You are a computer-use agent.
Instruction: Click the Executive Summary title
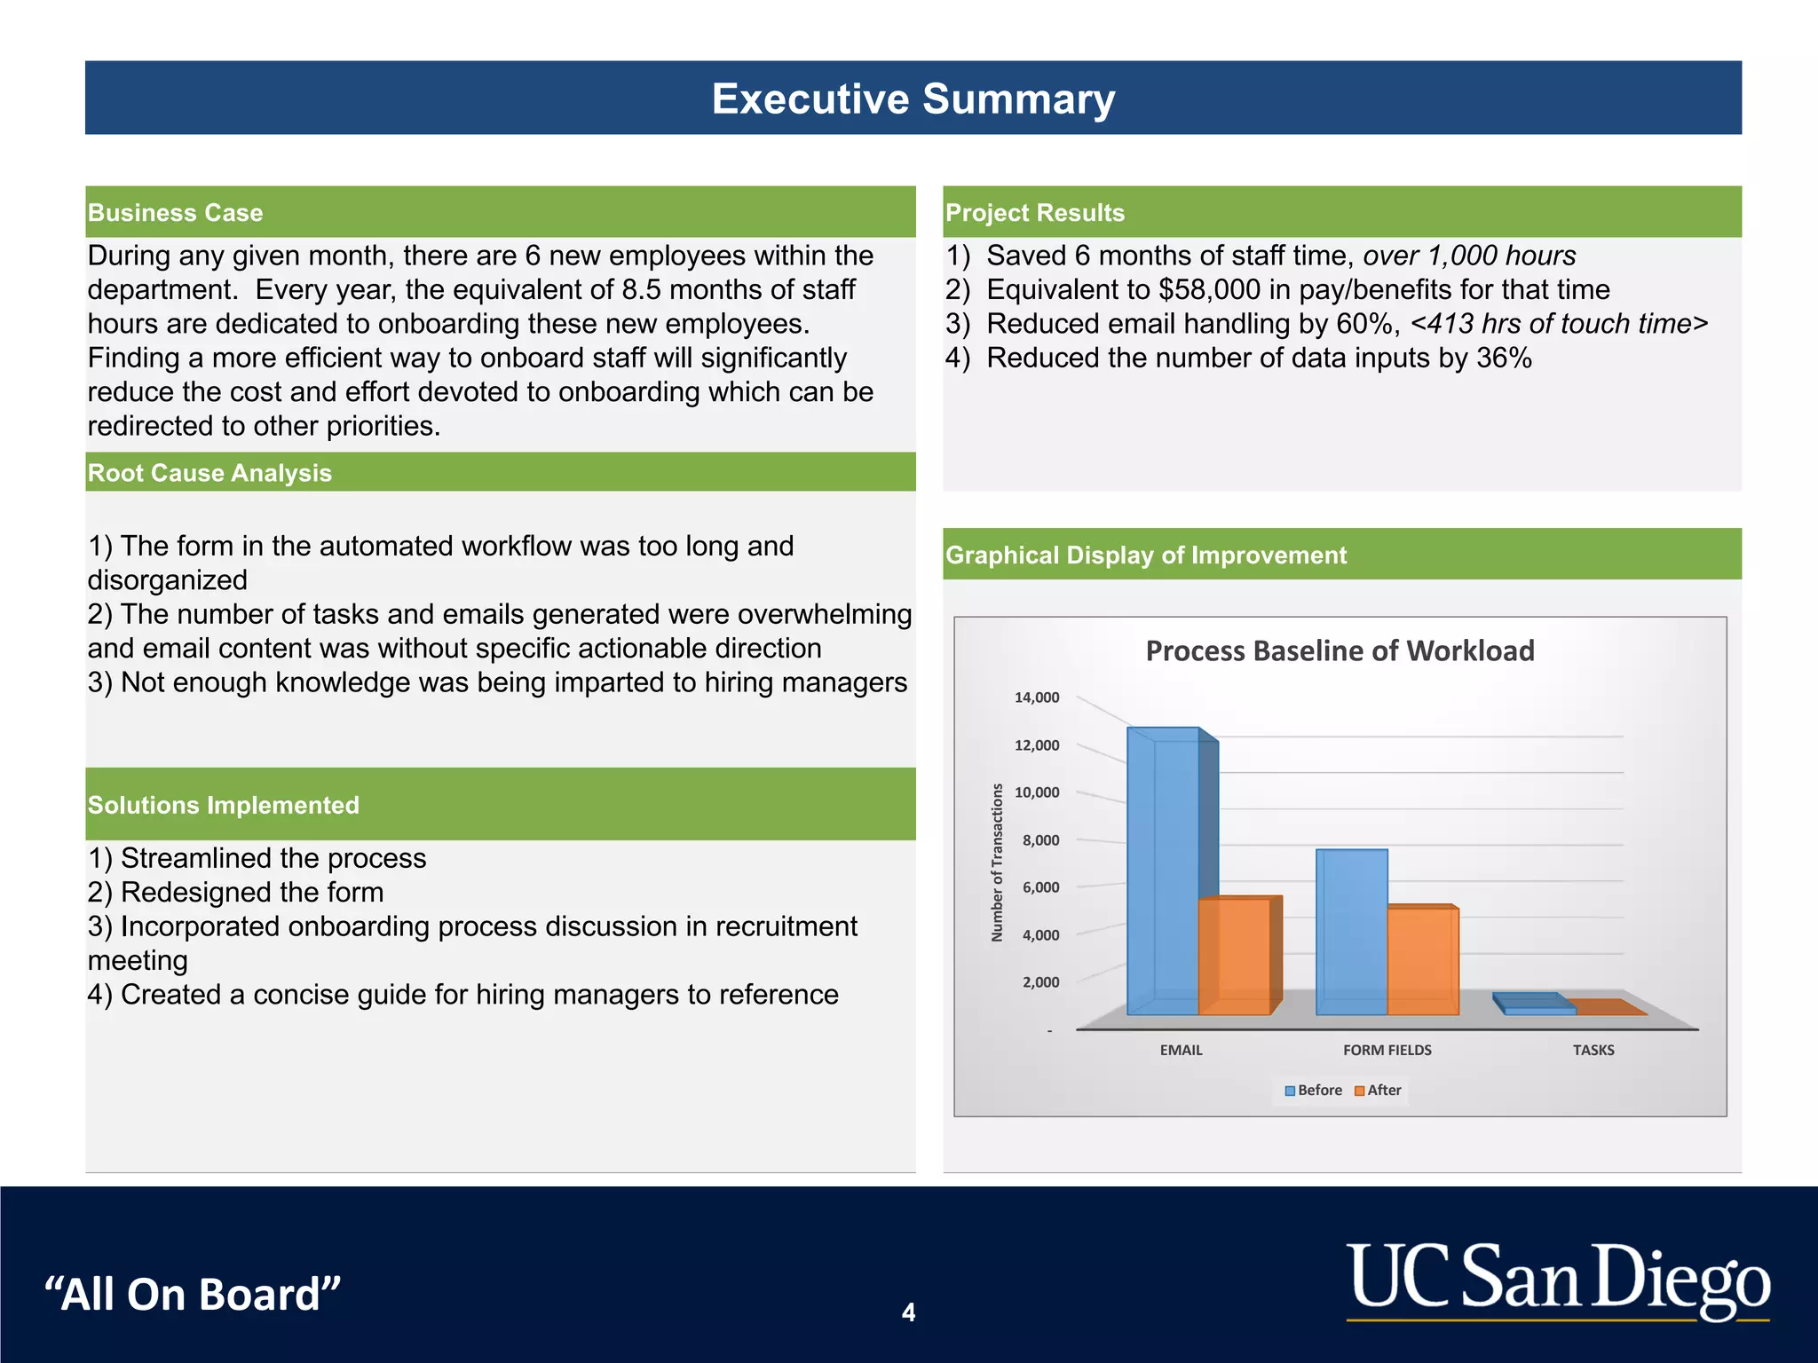913,98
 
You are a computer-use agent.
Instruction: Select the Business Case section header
175,213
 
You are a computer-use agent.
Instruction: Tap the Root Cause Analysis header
209,473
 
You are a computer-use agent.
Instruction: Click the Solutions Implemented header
223,805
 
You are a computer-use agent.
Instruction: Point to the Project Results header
1034,213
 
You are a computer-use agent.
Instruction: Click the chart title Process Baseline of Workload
1340,650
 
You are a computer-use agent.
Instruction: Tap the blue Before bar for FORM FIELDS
1351,932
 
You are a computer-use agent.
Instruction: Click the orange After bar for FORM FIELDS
1422,962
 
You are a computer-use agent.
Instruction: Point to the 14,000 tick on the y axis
1037,697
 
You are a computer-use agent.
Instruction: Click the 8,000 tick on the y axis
1040,840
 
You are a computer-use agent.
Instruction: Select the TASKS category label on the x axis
1593,1050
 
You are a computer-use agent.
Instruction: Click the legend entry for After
1378,1091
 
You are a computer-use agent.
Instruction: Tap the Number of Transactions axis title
997,863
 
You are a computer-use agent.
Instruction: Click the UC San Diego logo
1558,1280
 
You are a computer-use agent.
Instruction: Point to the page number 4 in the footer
908,1312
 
